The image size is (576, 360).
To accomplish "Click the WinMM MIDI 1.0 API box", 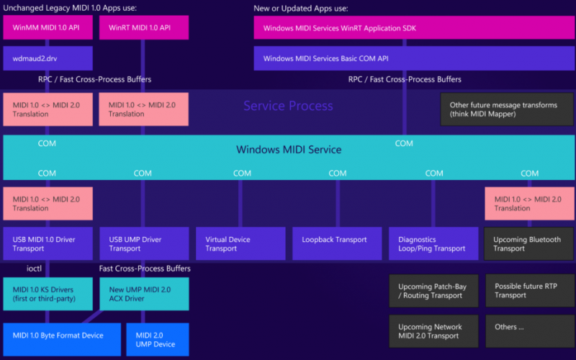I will (48, 27).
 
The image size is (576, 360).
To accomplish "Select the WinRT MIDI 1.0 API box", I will (143, 27).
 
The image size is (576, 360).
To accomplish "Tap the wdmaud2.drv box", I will (48, 58).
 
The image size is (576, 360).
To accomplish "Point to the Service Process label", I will (288, 107).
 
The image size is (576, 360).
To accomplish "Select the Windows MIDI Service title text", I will (289, 150).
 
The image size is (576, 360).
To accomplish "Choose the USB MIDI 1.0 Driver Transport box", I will (48, 243).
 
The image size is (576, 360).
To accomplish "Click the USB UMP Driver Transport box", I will (143, 243).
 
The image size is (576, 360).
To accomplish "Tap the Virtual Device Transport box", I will (240, 243).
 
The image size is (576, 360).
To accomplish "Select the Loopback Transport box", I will (336, 243).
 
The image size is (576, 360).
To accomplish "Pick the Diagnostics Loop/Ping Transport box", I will (433, 243).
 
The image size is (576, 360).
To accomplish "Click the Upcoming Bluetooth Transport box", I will (528, 243).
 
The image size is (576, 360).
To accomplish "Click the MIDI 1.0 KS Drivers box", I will (48, 294).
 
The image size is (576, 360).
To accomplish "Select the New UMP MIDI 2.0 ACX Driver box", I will (143, 294).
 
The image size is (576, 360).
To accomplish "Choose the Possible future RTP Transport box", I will (529, 290).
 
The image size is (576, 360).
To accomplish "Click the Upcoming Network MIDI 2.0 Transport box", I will (433, 331).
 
